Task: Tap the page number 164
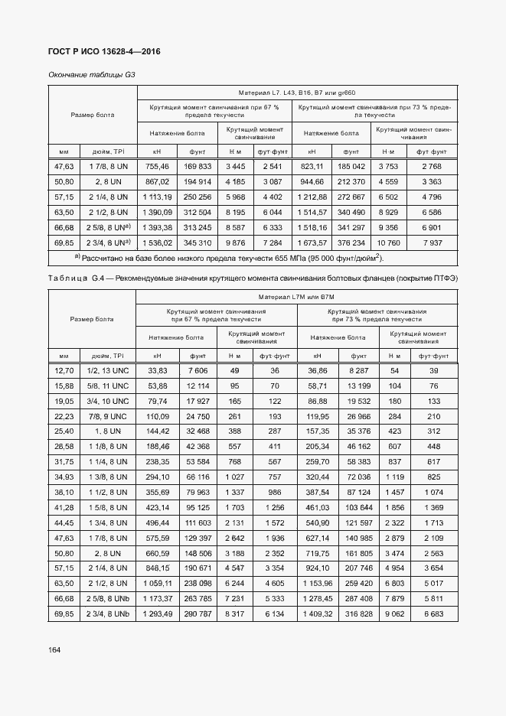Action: click(x=54, y=649)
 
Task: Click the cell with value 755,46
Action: click(x=157, y=166)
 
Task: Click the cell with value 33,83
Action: click(x=157, y=370)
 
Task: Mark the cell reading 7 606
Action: click(x=198, y=370)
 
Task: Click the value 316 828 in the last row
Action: click(x=359, y=614)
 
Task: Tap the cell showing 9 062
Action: click(x=396, y=614)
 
